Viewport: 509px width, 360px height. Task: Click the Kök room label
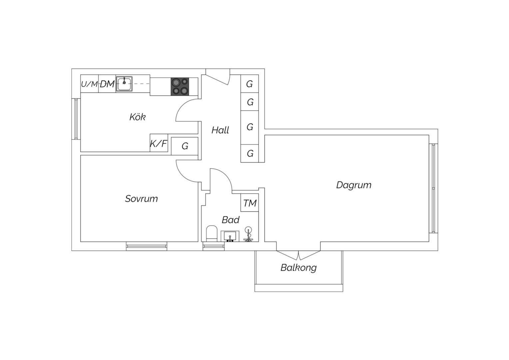click(138, 117)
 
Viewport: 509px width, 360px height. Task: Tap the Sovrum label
click(141, 199)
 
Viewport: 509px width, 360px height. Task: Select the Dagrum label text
click(354, 185)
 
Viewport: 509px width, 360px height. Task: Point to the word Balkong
click(298, 268)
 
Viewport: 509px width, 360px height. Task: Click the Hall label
click(220, 130)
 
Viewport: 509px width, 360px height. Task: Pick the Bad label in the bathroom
click(231, 220)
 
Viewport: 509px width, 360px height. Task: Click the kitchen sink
click(124, 84)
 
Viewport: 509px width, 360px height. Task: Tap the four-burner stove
click(180, 87)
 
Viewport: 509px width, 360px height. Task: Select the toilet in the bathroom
click(212, 233)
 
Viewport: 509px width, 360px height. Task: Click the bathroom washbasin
click(230, 236)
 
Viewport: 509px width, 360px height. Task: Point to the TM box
click(250, 203)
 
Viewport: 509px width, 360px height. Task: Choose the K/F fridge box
click(159, 143)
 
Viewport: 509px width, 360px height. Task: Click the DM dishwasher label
click(107, 84)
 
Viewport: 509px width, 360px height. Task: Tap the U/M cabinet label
click(89, 84)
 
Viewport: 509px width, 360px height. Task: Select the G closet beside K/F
click(185, 146)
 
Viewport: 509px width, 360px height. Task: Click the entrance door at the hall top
click(218, 77)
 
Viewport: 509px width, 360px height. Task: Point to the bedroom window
click(147, 246)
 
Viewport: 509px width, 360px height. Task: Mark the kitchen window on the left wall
click(76, 119)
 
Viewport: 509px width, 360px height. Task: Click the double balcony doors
click(298, 255)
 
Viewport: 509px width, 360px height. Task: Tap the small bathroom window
click(214, 246)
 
